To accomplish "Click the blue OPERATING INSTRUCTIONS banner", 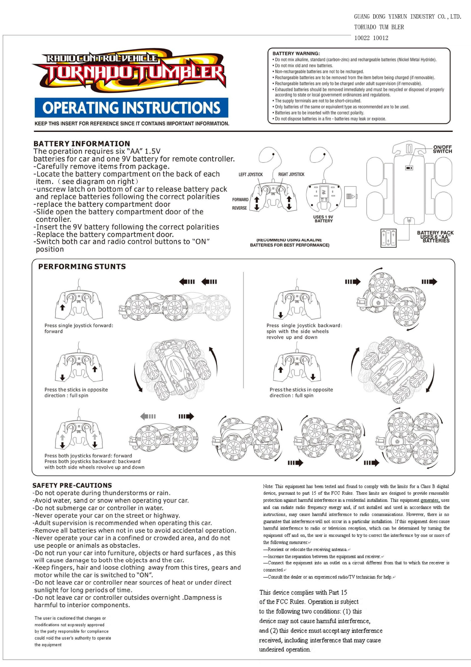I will (131, 108).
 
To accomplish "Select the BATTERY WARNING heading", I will (296, 53).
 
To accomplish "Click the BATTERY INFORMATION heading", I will (82, 144).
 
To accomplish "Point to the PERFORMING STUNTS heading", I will (82, 267).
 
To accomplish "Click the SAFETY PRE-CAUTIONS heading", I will (72, 485).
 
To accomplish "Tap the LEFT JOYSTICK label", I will (251, 174).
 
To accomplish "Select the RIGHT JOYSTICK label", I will (291, 174).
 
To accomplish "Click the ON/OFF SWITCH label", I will (442, 149).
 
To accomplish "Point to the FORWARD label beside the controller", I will (240, 200).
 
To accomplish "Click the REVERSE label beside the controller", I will (239, 208).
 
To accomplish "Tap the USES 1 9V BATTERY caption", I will (323, 219).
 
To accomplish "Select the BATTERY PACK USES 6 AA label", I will (435, 236).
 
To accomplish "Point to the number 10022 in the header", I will (362, 38).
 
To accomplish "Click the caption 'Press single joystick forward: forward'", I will (78, 328).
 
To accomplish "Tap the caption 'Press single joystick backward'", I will (304, 326).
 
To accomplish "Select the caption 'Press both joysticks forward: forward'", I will (88, 455).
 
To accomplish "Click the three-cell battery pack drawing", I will (388, 238).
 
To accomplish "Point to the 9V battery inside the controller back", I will (323, 192).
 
